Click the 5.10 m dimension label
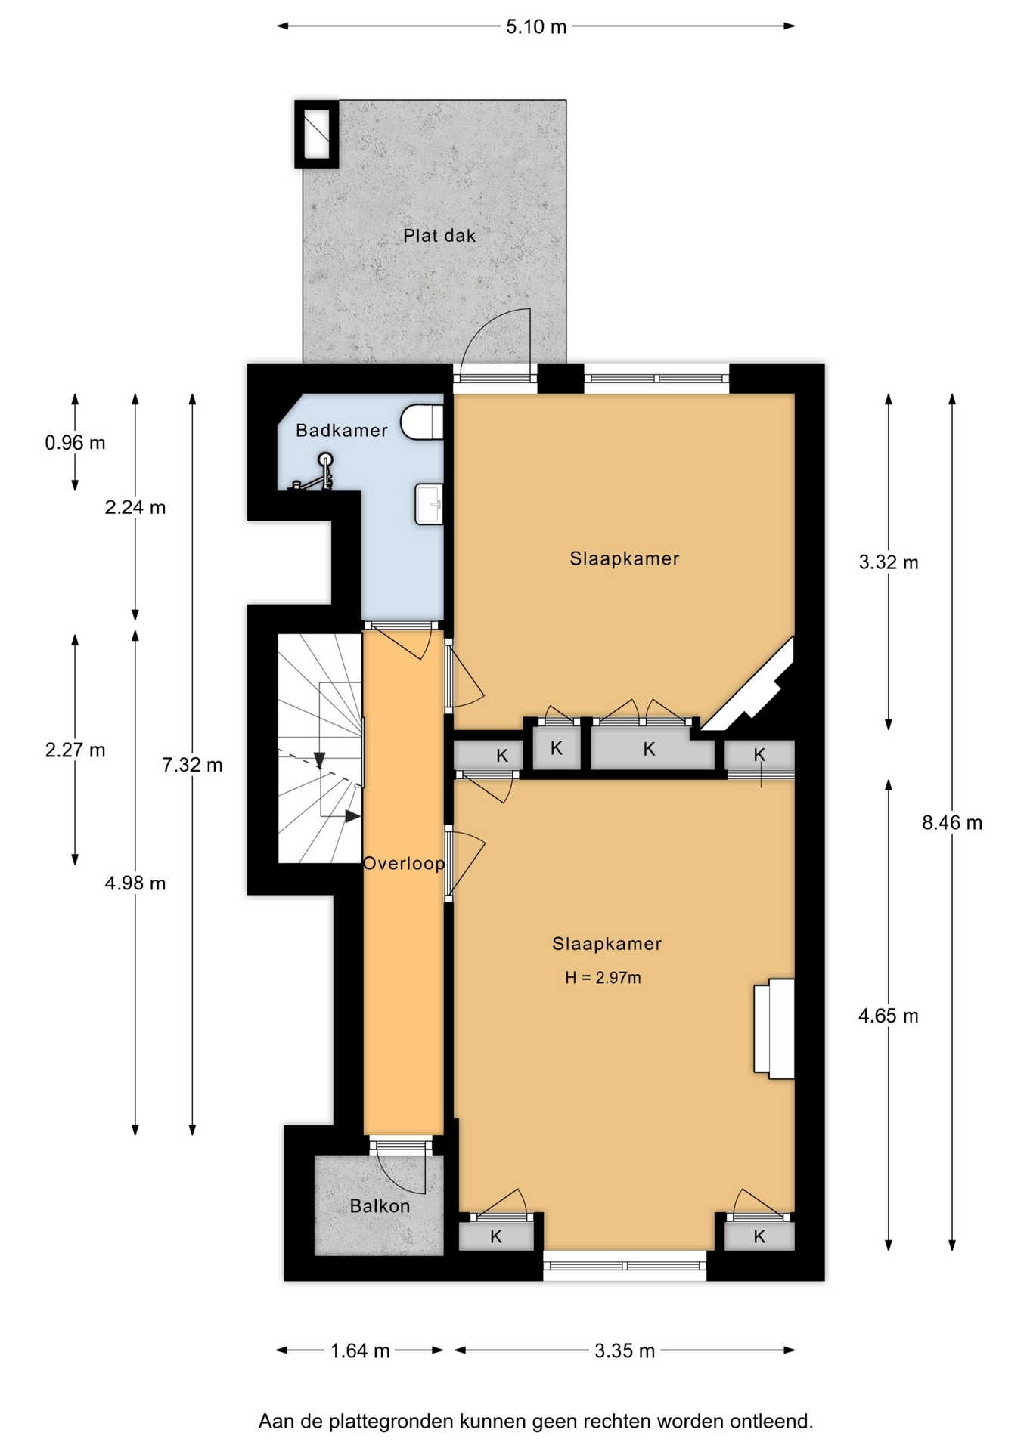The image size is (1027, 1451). point(536,27)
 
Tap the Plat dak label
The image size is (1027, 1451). point(439,236)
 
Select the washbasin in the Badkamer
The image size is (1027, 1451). point(429,504)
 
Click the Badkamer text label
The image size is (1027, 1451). point(342,431)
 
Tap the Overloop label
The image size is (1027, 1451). point(404,863)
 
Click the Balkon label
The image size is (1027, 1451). point(380,1206)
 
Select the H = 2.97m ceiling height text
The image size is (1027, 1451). point(603,978)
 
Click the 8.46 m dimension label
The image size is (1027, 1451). point(952,823)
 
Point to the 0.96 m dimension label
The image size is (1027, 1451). point(75,443)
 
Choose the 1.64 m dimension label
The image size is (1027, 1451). point(360,1350)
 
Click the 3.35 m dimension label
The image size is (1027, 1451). point(625,1350)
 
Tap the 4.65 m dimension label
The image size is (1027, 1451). point(889,1016)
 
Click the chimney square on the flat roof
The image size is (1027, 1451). point(317,134)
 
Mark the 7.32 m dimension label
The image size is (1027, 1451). point(192,766)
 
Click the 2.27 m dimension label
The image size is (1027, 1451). point(75,750)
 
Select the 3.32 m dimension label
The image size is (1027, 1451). point(889,562)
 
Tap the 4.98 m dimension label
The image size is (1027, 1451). point(135,883)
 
